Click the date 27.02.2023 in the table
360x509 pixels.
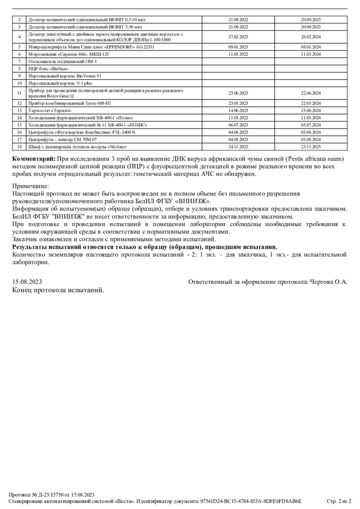coord(238,37)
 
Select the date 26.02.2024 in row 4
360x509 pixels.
coord(311,37)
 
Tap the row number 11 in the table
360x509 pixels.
coord(19,93)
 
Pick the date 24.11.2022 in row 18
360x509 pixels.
coord(238,147)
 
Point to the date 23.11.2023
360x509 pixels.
coord(311,147)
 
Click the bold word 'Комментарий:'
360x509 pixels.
coord(34,159)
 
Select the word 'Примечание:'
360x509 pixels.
coord(30,186)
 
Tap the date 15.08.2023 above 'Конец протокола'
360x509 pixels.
coord(27,282)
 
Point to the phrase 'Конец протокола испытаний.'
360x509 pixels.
coord(58,290)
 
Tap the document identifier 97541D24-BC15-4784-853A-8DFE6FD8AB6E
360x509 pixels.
coord(251,501)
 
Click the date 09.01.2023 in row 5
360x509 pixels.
coord(238,47)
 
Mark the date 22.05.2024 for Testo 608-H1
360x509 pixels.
coord(311,103)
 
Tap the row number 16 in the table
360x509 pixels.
coord(19,132)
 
